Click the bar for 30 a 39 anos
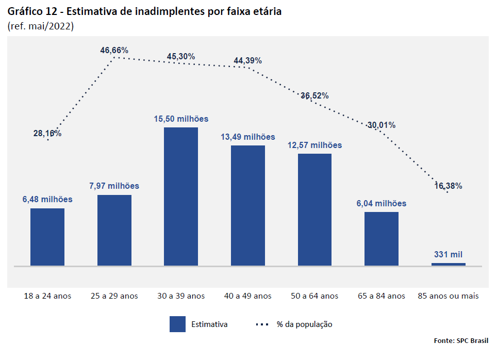pos(180,197)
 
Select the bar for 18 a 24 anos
pos(47,237)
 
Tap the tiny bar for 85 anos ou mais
pos(448,264)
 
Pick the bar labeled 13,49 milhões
pos(247,206)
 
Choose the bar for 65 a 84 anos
pos(382,239)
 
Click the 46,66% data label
pos(114,50)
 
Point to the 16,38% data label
pos(448,186)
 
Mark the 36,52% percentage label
pos(314,95)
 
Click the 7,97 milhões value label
pos(114,186)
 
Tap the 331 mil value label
pos(448,254)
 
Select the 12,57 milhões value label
pos(314,145)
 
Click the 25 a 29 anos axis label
pos(114,296)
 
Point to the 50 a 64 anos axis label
pos(314,296)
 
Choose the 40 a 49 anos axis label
pos(247,296)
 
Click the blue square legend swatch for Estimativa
pos(177,324)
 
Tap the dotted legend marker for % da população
pos(262,324)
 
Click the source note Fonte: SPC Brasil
pos(461,340)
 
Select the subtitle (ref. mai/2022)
pos(41,26)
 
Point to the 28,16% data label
pos(47,133)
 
